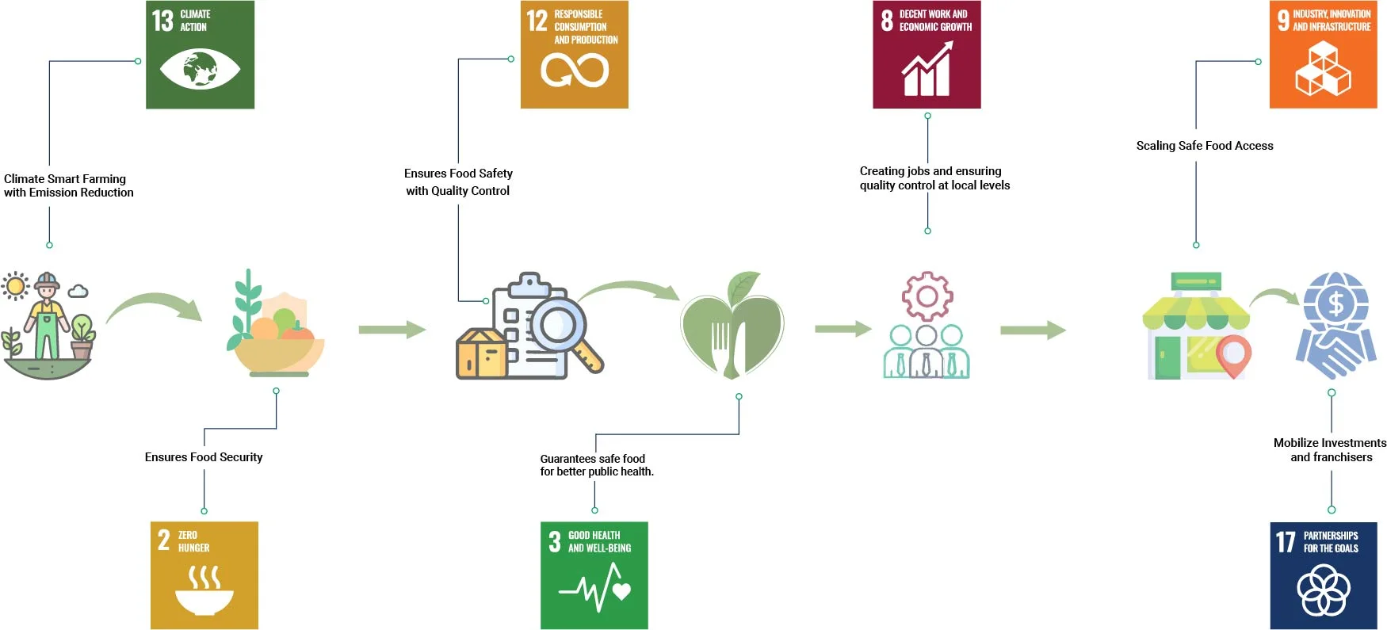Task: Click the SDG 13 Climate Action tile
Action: [200, 55]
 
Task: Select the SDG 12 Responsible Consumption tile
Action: [574, 55]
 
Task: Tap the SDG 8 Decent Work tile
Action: [927, 55]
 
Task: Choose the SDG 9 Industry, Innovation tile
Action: [1323, 55]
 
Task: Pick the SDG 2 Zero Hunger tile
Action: [204, 575]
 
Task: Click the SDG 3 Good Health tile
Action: [594, 575]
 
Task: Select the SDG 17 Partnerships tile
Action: [1323, 575]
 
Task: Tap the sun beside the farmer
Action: [15, 286]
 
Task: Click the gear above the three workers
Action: [927, 296]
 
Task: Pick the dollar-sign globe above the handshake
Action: [1335, 303]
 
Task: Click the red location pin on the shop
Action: [1233, 353]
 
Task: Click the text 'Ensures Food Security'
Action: [204, 457]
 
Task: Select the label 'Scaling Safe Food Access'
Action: [1205, 146]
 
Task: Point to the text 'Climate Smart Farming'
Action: [65, 179]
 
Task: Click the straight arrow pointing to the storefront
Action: [1033, 330]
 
